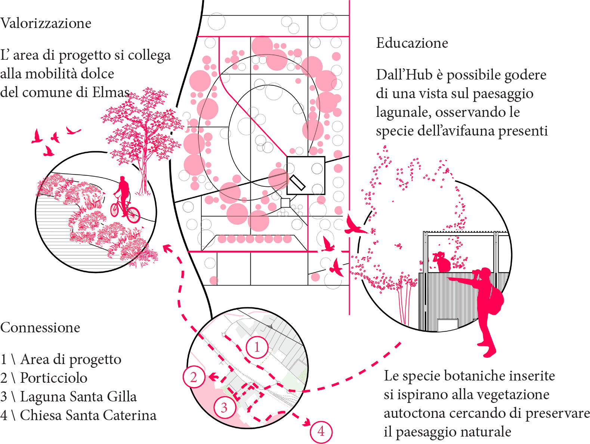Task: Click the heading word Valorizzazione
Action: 46,23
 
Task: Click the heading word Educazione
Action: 412,43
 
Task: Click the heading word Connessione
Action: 40,327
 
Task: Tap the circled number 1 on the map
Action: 257,347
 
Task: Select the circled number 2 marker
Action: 194,377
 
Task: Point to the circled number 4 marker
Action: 321,431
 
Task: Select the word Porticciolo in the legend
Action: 53,378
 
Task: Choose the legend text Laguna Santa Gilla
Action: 78,397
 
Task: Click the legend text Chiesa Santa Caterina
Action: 88,415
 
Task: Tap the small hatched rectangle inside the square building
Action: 297,183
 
